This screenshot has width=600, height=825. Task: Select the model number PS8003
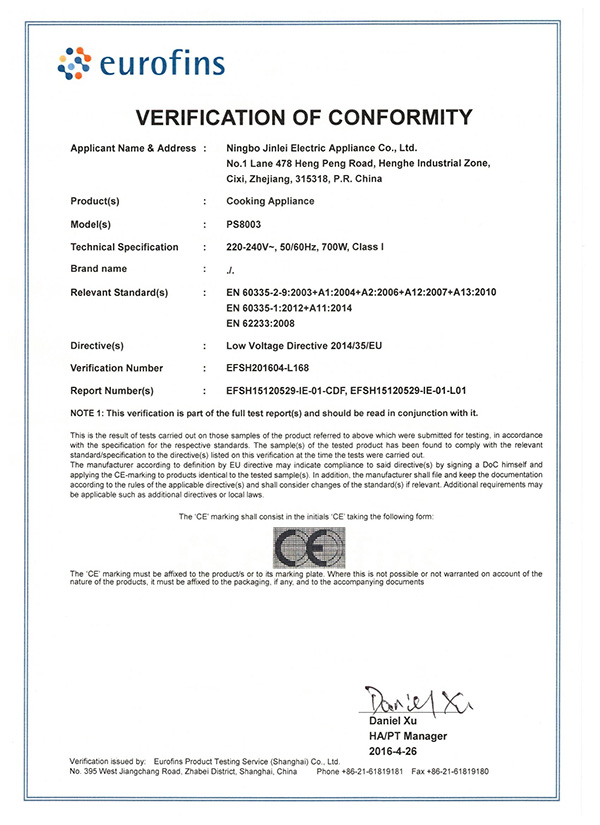click(x=244, y=224)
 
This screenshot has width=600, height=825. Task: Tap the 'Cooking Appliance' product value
click(x=270, y=201)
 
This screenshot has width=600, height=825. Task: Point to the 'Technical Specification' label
click(x=124, y=247)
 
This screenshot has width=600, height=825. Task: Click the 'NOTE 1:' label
click(x=92, y=412)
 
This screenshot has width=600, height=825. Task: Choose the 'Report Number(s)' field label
click(x=112, y=391)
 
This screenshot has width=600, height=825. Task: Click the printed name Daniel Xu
click(x=393, y=720)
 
